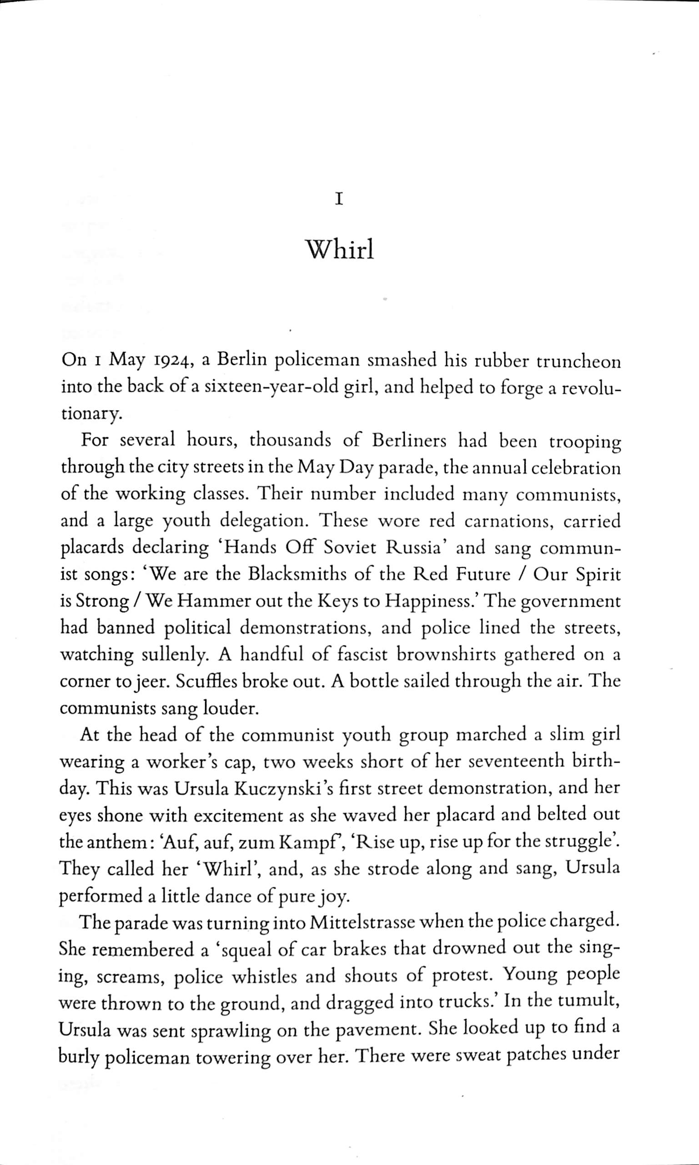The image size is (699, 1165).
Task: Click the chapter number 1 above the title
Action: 339,200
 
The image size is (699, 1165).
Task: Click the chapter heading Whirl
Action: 340,250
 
